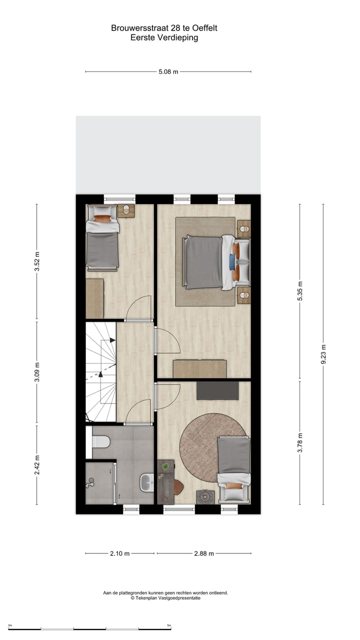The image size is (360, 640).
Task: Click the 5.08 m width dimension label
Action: (x=168, y=71)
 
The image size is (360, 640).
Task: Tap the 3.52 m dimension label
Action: (x=36, y=261)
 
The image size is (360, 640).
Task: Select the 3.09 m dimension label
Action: (x=36, y=372)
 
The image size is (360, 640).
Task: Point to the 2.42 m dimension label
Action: (x=36, y=465)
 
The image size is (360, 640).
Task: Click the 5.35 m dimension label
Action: (x=299, y=291)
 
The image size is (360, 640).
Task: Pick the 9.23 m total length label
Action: (x=323, y=354)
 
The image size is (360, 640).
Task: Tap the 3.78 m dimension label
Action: (x=299, y=442)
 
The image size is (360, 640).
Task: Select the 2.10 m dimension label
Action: (x=119, y=553)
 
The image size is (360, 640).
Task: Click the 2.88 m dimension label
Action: (x=204, y=553)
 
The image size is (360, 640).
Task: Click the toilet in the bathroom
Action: (x=101, y=442)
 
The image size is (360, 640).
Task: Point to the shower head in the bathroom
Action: (x=90, y=482)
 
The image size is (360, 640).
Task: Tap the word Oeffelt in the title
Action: (x=203, y=28)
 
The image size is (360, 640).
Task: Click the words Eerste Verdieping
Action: (x=164, y=37)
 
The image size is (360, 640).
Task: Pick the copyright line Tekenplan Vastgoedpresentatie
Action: (x=165, y=598)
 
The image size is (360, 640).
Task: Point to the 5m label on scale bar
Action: (x=169, y=625)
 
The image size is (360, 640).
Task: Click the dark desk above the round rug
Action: (x=217, y=390)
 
